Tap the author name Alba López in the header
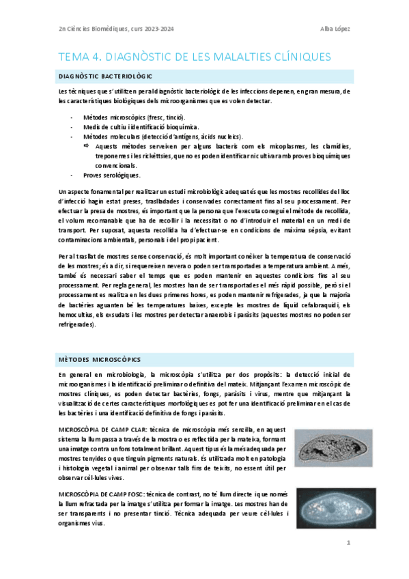pyautogui.click(x=335, y=28)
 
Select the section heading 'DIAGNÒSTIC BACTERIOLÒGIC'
pyautogui.click(x=106, y=76)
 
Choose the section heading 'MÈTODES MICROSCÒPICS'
pyautogui.click(x=100, y=359)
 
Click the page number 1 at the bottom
pyautogui.click(x=348, y=543)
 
